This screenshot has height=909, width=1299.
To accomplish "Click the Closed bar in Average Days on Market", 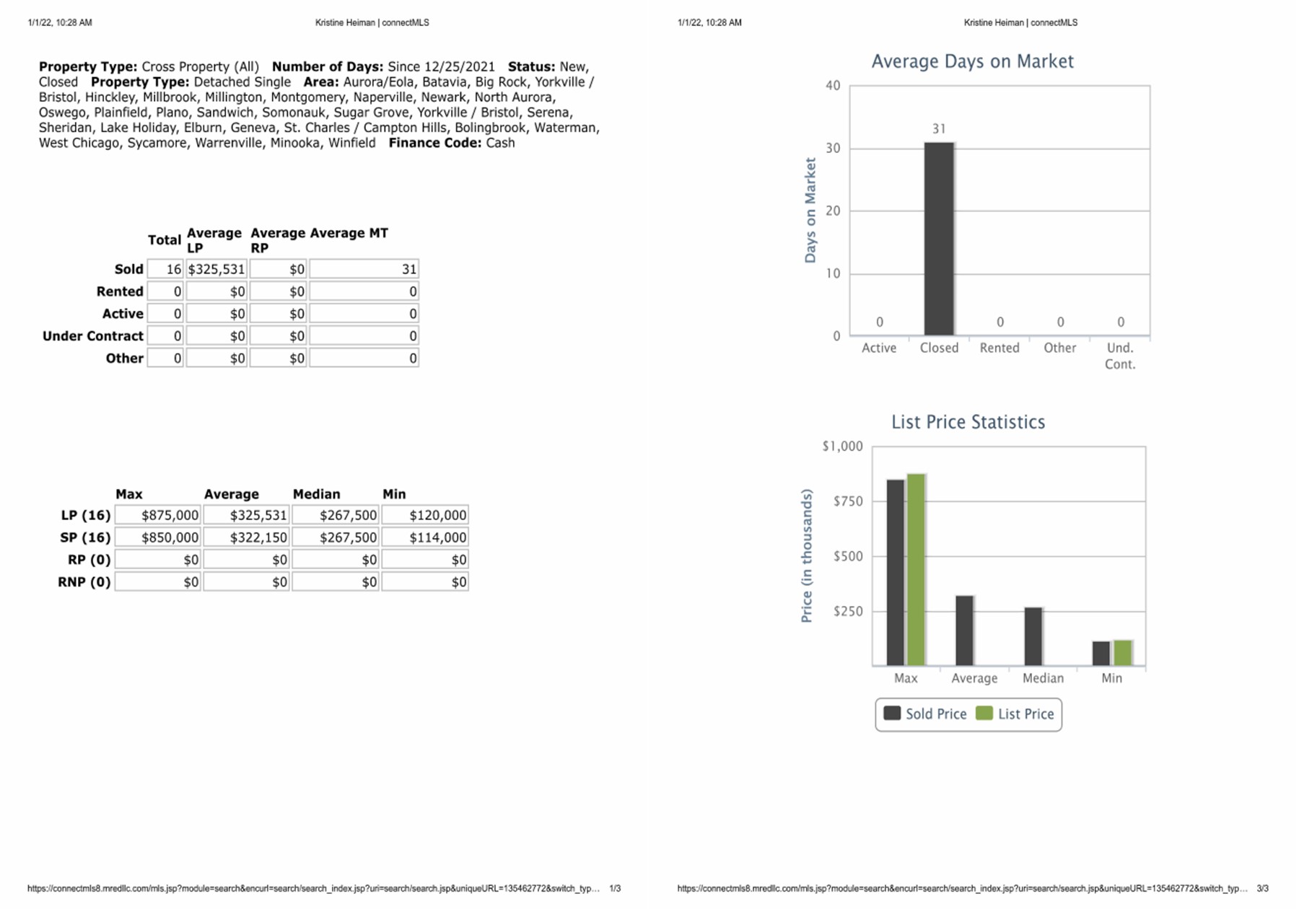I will [938, 239].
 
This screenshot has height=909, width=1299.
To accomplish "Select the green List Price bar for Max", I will [916, 570].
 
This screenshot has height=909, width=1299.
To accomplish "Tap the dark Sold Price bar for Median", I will [1033, 636].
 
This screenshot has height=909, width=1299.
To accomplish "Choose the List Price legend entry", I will [1015, 713].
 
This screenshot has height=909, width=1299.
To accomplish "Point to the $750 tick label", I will [847, 501].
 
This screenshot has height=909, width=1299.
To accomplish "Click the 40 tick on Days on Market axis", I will [833, 86].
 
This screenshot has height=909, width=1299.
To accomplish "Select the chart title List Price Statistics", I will [968, 422].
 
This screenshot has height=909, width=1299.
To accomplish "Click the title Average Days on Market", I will [972, 61].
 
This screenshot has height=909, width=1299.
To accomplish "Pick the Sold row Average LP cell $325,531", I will [216, 269].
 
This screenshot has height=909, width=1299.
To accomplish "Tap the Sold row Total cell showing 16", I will [165, 269].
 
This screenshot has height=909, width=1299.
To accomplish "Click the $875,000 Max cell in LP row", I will [158, 515].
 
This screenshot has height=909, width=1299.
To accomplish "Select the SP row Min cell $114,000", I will [425, 537].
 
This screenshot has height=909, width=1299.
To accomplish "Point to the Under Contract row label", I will [93, 336].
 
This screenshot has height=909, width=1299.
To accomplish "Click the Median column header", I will [316, 494].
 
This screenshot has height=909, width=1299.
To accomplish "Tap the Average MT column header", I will [349, 233].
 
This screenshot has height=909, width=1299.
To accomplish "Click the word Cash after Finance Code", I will [500, 143].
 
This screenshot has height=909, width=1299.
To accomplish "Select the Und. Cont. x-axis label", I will [1119, 356].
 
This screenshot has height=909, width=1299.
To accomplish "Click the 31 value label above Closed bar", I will [938, 129].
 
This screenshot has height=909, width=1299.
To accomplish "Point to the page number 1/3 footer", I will [615, 889].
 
